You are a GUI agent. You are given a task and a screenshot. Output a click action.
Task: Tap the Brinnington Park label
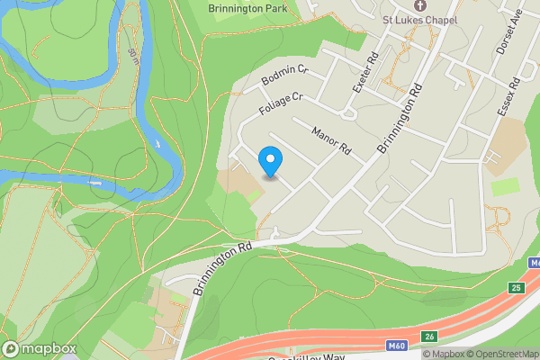pyautogui.click(x=246, y=9)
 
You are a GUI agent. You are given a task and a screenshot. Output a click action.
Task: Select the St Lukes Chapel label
pyautogui.click(x=418, y=20)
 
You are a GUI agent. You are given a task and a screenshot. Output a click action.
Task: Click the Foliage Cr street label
pyautogui.click(x=281, y=106)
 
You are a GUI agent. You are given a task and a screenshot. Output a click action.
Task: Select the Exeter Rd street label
pyautogui.click(x=363, y=73)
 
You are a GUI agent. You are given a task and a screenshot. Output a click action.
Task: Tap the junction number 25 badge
pyautogui.click(x=515, y=287)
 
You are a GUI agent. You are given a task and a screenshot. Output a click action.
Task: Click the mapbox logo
pyautogui.click(x=39, y=348)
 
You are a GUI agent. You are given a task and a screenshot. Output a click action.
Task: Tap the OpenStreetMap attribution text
pyautogui.click(x=502, y=354)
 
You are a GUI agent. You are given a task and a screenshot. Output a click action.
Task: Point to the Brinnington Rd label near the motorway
pyautogui.click(x=221, y=268)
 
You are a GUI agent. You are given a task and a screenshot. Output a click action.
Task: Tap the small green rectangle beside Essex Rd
pyautogui.click(x=506, y=186)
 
